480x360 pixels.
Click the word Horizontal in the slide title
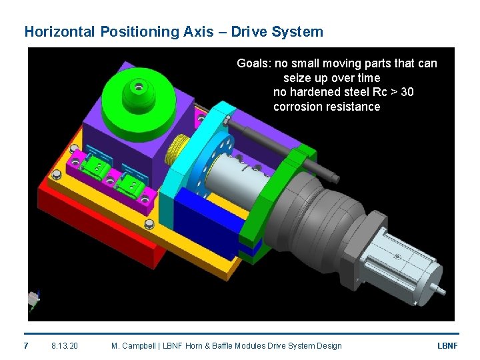(60, 31)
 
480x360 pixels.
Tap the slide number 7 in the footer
(26, 345)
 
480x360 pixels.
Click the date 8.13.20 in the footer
(65, 345)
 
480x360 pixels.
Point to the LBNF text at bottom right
(447, 345)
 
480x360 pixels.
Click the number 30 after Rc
(406, 92)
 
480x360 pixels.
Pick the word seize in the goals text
(297, 78)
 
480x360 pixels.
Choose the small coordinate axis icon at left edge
(33, 300)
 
